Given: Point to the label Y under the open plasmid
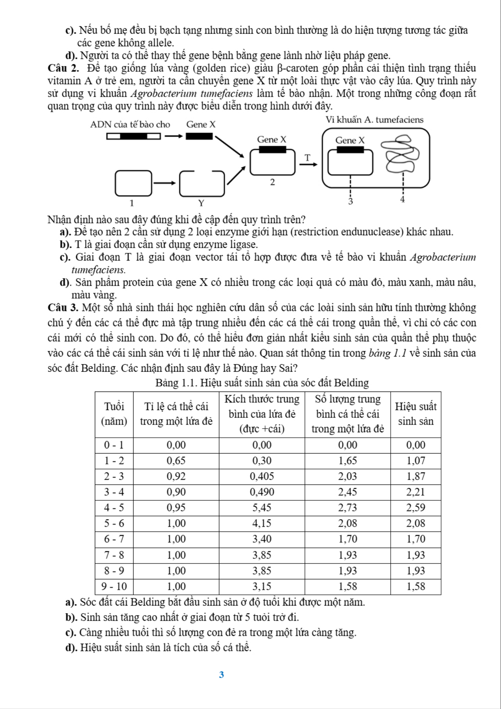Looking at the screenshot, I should pyautogui.click(x=201, y=203).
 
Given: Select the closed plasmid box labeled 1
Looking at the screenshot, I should pyautogui.click(x=133, y=183).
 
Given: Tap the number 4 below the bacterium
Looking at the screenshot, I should pyautogui.click(x=402, y=199).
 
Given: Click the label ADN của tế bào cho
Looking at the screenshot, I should pyautogui.click(x=130, y=125).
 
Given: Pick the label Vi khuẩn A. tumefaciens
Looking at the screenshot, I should pyautogui.click(x=374, y=120).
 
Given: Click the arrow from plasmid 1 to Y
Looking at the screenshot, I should pyautogui.click(x=165, y=183).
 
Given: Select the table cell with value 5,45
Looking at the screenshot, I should pyautogui.click(x=262, y=507).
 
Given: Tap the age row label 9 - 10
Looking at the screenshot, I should pyautogui.click(x=114, y=586).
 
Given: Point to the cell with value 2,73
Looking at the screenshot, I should pyautogui.click(x=347, y=507).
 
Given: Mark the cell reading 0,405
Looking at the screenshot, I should pyautogui.click(x=262, y=476).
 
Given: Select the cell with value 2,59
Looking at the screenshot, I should pyautogui.click(x=416, y=507).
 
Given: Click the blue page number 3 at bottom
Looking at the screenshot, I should pyautogui.click(x=221, y=674).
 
